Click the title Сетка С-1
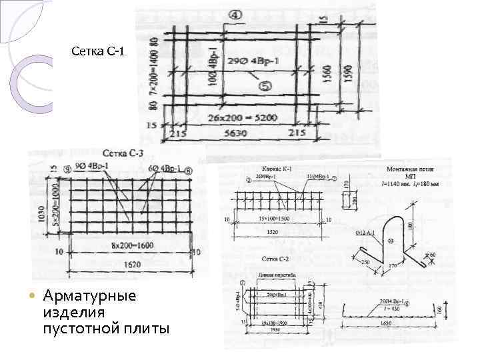coord(98,51)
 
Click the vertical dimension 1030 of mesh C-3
coord(41,214)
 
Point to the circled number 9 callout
coord(67,169)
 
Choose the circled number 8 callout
coord(188,171)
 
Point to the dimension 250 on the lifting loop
coord(367,263)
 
